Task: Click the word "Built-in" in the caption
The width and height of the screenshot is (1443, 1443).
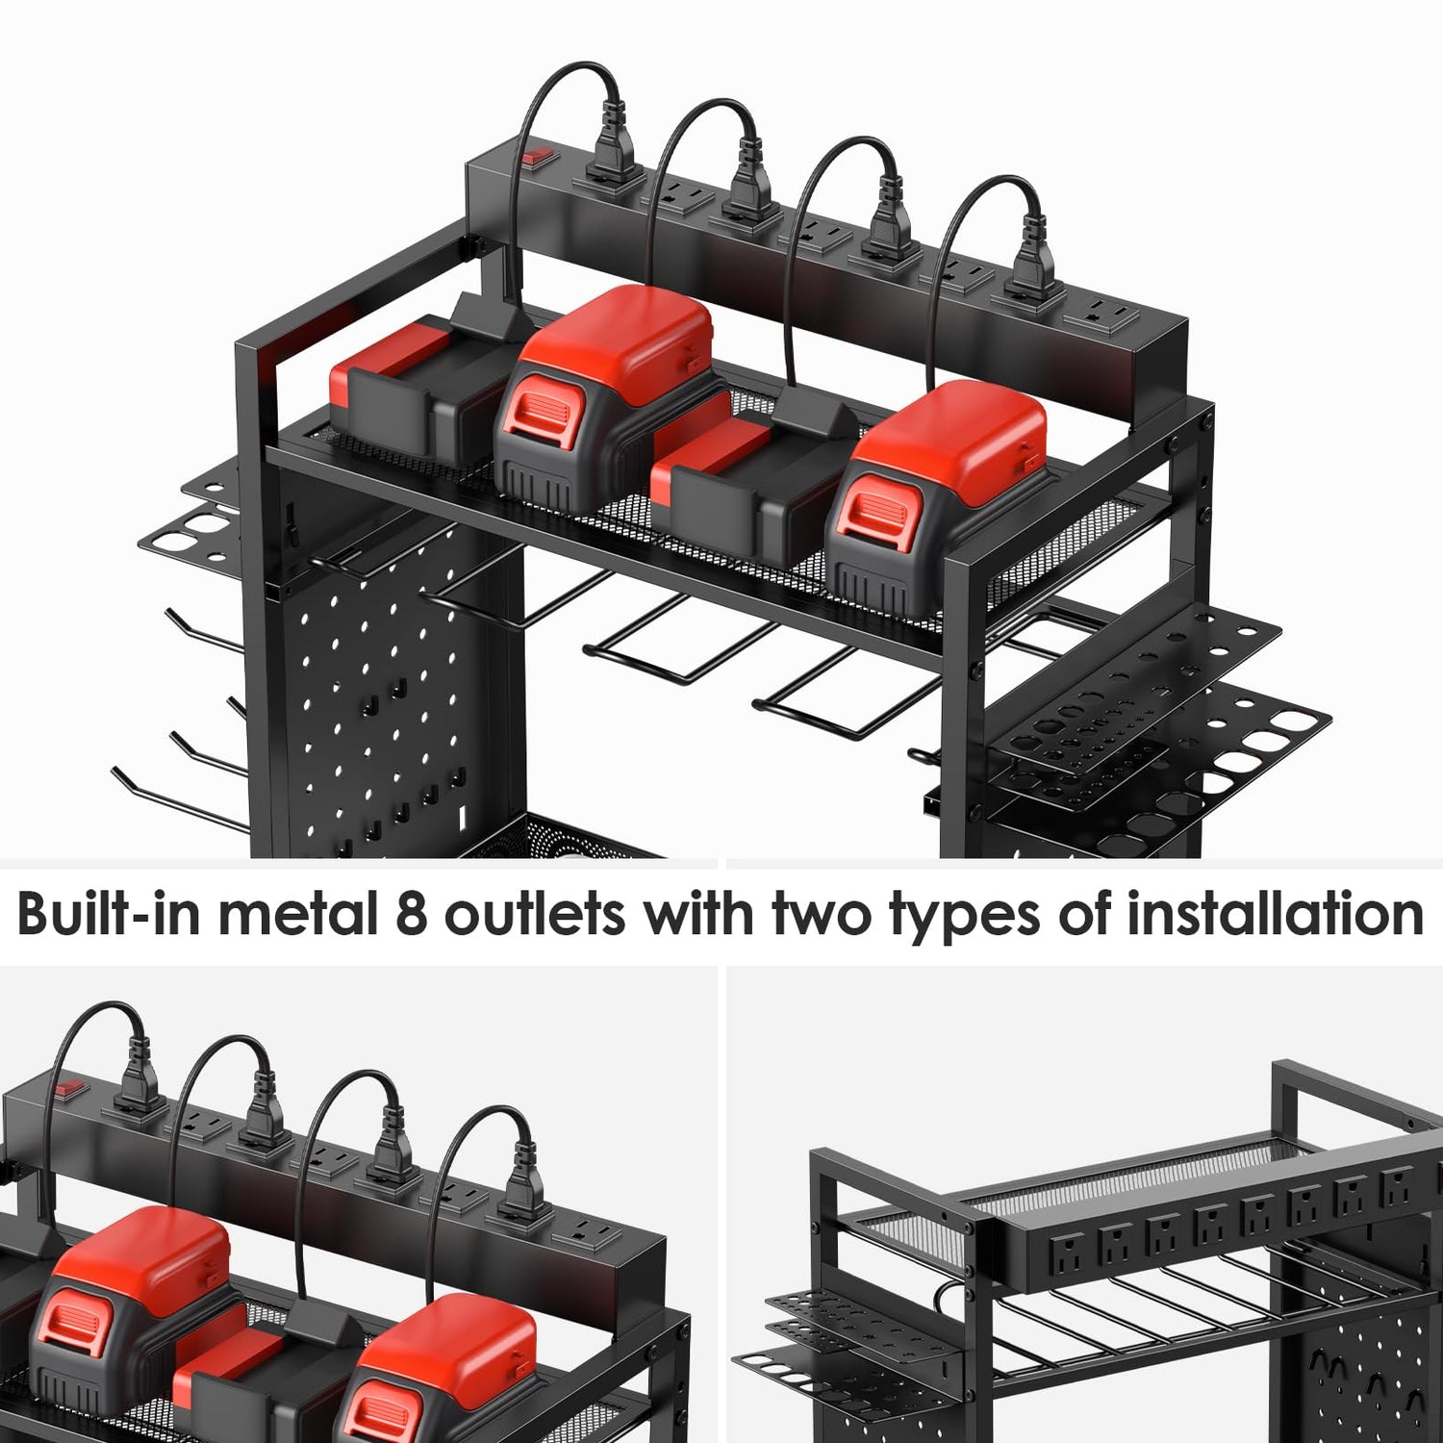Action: (x=109, y=913)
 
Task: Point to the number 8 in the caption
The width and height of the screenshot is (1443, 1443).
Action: (x=412, y=914)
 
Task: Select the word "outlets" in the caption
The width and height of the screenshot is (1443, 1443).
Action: (x=535, y=913)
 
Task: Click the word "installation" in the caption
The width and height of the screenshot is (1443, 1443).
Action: (x=1275, y=913)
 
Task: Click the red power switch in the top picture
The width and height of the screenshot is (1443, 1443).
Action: (x=535, y=155)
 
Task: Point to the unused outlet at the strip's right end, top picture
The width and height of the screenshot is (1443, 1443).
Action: (x=1098, y=313)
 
